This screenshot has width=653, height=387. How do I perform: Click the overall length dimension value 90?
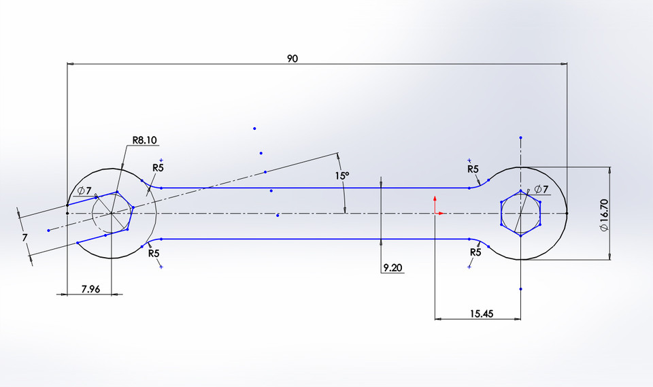tap(292, 59)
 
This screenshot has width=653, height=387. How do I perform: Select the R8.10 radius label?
tap(144, 141)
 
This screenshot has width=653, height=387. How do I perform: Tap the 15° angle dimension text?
tap(342, 175)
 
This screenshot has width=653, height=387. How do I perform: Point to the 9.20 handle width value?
tap(392, 269)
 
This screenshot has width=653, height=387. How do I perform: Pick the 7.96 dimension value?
tap(90, 289)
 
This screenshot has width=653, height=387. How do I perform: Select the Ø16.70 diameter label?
tap(604, 213)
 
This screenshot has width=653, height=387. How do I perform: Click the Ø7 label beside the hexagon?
tap(541, 188)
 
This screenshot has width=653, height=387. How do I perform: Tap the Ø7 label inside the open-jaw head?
tap(84, 190)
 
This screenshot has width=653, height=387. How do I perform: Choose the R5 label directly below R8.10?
tap(158, 167)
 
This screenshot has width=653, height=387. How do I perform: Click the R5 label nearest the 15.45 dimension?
tap(475, 252)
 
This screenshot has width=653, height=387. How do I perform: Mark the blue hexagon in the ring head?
tap(521, 214)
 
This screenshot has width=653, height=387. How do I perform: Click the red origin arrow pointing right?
tap(440, 213)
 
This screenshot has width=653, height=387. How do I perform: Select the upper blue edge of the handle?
tap(313, 188)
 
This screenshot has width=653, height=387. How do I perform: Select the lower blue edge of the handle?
tap(313, 239)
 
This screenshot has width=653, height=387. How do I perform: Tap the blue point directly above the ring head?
tap(520, 137)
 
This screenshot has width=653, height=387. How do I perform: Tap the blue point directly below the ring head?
tap(520, 289)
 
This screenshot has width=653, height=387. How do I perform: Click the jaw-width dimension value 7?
tap(24, 237)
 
